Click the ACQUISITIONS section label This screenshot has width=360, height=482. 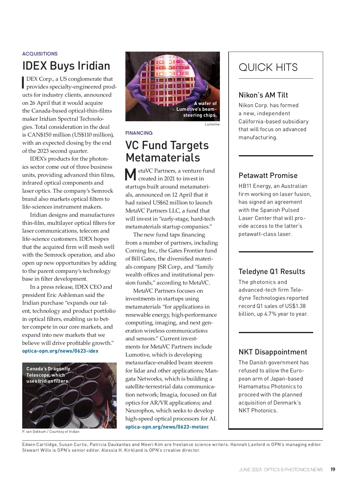point(40,54)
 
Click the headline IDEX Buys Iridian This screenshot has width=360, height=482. point(66,66)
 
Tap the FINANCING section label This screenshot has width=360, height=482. point(139,133)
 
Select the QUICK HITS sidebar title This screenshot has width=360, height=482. point(268,67)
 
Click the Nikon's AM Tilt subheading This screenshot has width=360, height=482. point(263,95)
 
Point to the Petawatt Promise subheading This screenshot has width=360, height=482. point(268,176)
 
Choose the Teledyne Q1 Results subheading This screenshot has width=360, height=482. point(271,272)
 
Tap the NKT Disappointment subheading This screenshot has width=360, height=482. point(273,352)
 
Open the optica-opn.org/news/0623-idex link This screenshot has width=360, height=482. point(60,351)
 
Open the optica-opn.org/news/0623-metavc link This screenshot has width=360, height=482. point(167,427)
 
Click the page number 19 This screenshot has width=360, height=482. point(333,470)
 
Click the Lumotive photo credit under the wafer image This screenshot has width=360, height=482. point(212,124)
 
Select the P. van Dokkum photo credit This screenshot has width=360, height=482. point(51,432)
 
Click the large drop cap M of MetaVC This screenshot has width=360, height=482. point(130,175)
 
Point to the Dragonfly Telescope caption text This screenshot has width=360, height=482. point(48,375)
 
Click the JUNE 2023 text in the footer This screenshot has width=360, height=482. point(250,470)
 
